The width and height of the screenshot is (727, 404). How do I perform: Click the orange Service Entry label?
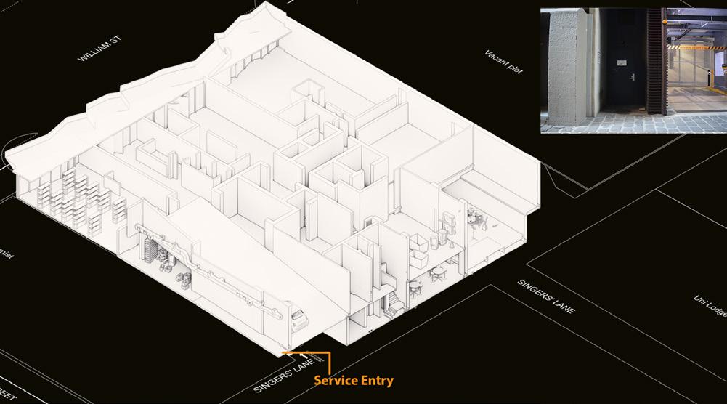(x=353, y=380)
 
